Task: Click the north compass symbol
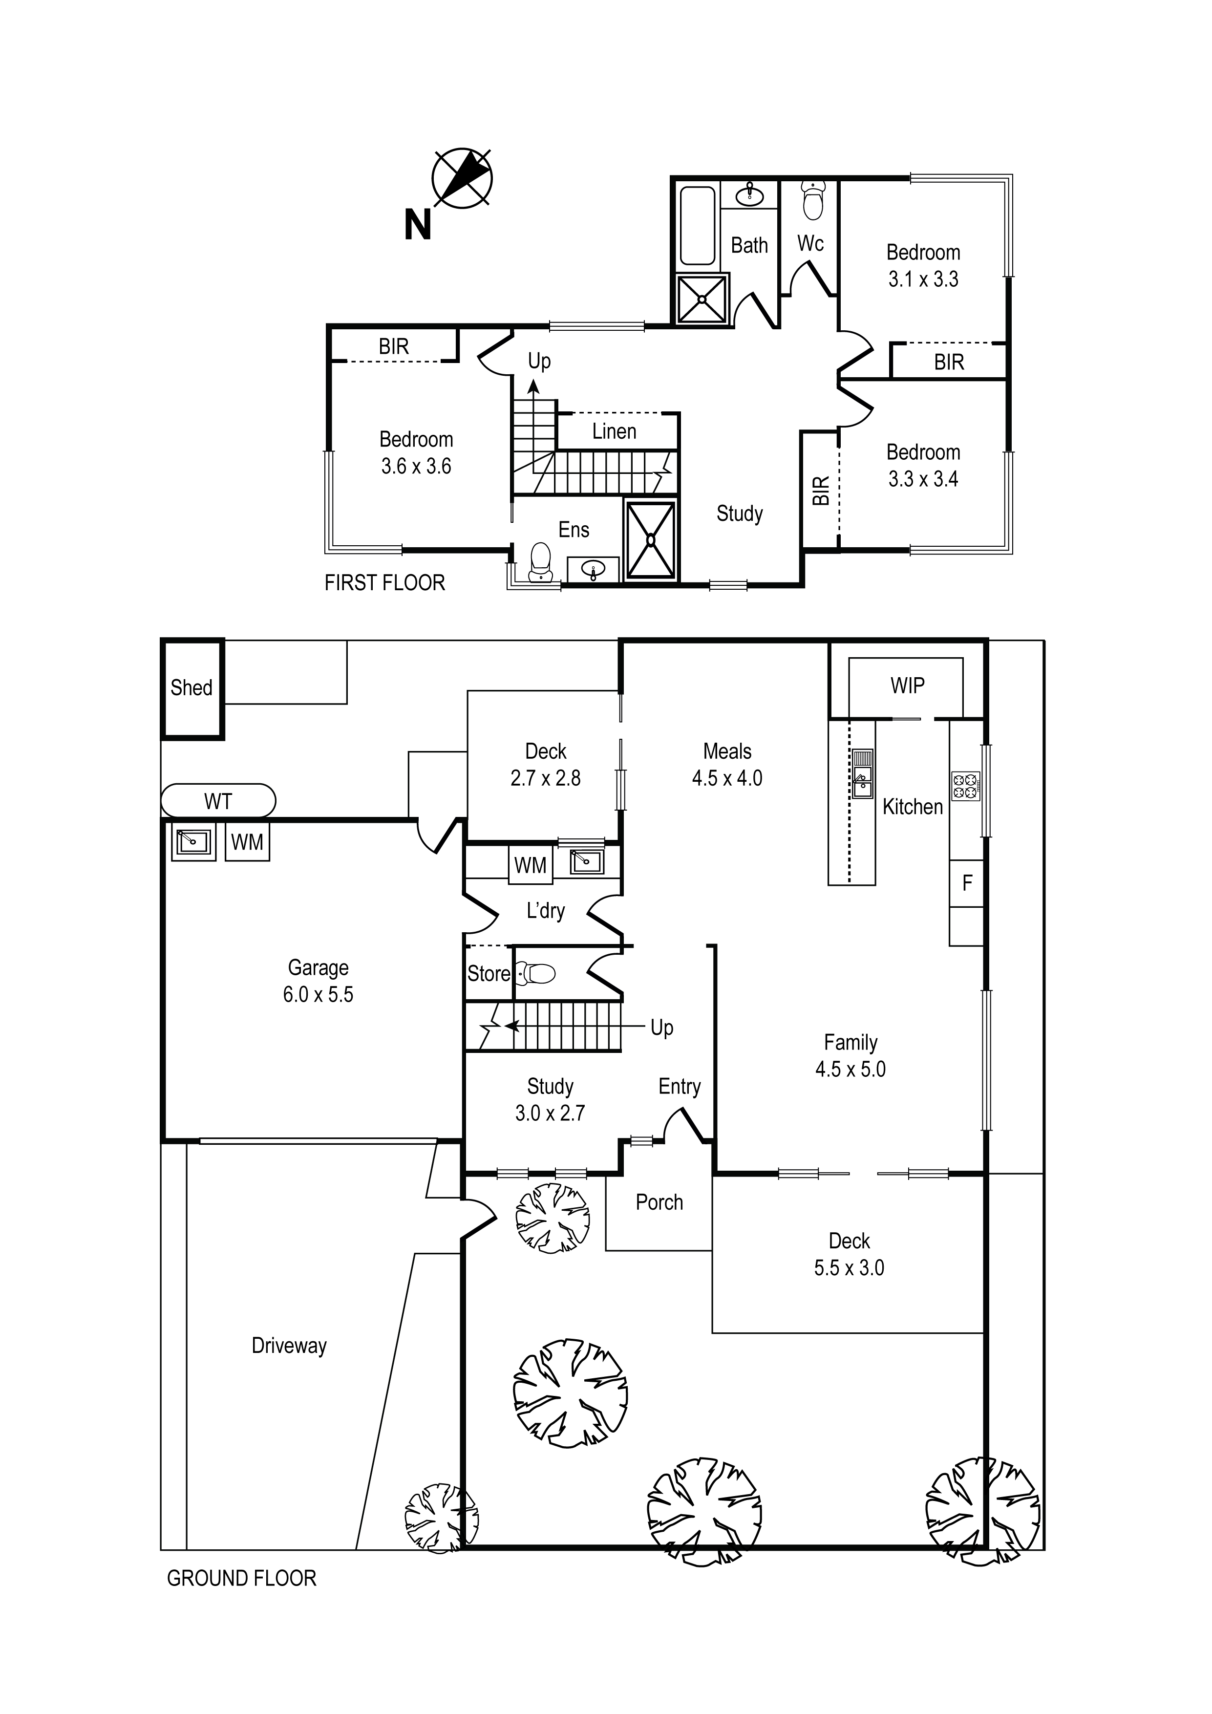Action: [462, 178]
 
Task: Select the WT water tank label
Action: [218, 802]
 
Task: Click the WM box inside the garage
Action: [247, 842]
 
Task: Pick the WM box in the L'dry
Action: [531, 865]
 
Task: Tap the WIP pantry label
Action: [907, 686]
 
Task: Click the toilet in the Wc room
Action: [812, 200]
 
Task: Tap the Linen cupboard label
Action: [614, 431]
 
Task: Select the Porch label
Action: [659, 1202]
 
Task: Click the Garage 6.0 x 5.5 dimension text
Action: [318, 994]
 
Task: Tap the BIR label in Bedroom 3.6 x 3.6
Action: [393, 347]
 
